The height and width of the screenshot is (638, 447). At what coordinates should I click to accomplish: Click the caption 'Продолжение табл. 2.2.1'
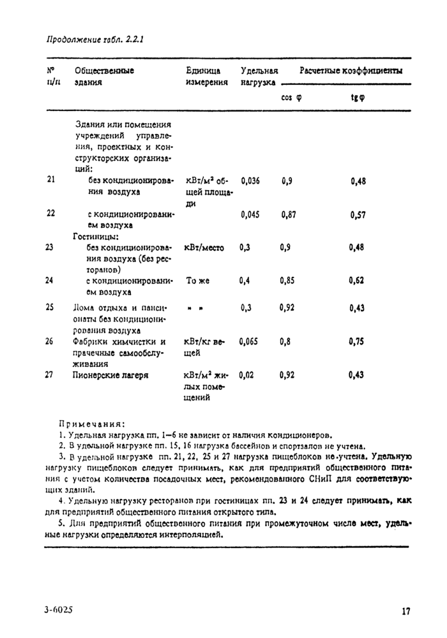(x=95, y=40)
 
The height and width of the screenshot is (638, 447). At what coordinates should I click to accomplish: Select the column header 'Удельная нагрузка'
(x=259, y=77)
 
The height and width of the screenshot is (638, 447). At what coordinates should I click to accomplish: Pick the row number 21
(x=50, y=180)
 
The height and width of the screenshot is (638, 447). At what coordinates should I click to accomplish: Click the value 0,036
(x=251, y=181)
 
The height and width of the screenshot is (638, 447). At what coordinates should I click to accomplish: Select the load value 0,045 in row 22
(x=251, y=214)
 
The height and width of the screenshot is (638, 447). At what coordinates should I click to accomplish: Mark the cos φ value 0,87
(x=289, y=214)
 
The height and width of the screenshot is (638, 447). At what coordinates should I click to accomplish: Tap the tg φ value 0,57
(x=358, y=215)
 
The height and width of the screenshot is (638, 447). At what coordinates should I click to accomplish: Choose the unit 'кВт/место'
(x=204, y=248)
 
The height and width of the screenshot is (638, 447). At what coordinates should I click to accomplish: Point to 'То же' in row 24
(x=197, y=281)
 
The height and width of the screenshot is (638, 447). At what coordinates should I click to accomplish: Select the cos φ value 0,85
(x=289, y=281)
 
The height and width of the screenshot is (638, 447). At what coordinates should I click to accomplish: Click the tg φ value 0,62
(x=358, y=281)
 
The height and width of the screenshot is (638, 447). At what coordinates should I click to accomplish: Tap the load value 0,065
(x=251, y=342)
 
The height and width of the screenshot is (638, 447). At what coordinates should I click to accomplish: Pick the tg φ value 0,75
(x=358, y=342)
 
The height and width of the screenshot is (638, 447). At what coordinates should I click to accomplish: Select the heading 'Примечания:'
(x=92, y=424)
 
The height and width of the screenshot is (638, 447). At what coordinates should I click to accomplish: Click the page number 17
(x=405, y=611)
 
